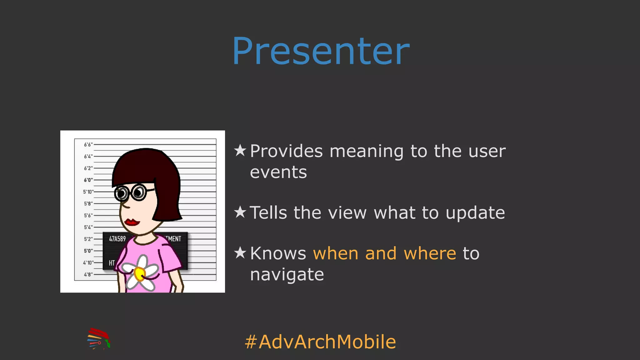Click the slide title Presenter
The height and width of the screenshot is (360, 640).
pyautogui.click(x=321, y=51)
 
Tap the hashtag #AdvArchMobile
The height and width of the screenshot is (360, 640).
pyautogui.click(x=320, y=342)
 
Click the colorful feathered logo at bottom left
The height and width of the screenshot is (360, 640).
pyautogui.click(x=99, y=338)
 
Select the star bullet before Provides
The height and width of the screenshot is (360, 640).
pyautogui.click(x=240, y=150)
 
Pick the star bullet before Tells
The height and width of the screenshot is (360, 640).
pyautogui.click(x=240, y=212)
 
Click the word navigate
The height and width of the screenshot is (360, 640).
pyautogui.click(x=287, y=275)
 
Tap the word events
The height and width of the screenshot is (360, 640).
pyautogui.click(x=278, y=172)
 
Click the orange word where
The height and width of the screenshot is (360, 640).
pyautogui.click(x=430, y=253)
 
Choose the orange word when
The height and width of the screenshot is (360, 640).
pyautogui.click(x=335, y=253)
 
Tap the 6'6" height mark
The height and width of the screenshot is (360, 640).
pyautogui.click(x=88, y=145)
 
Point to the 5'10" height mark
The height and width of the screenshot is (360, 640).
pyautogui.click(x=88, y=192)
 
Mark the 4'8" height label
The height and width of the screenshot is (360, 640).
pyautogui.click(x=88, y=274)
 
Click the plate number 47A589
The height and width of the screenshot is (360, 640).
pyautogui.click(x=117, y=239)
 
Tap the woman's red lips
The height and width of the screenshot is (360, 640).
pyautogui.click(x=132, y=222)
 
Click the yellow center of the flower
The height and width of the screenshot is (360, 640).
pyautogui.click(x=139, y=274)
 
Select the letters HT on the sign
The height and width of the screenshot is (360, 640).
pyautogui.click(x=112, y=263)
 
